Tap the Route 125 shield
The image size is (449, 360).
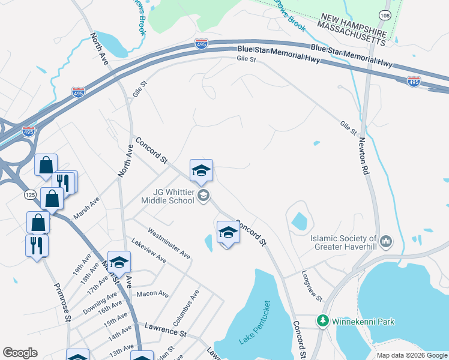click(30, 195)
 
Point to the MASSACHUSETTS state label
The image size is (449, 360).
click(351, 33)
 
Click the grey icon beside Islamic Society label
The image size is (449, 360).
click(385, 242)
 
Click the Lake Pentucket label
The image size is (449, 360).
click(256, 322)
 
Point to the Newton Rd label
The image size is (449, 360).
click(363, 155)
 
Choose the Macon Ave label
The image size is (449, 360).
click(152, 293)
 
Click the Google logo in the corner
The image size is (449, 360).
click(20, 353)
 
